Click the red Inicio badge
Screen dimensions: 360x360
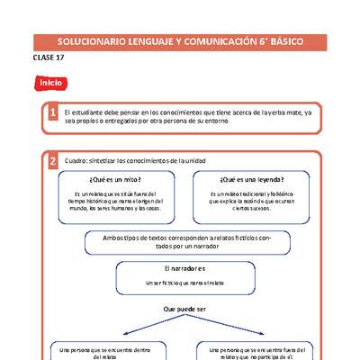(49, 83)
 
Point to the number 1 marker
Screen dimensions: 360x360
(53, 113)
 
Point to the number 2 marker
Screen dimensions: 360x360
(53, 161)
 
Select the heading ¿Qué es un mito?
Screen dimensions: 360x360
(115, 178)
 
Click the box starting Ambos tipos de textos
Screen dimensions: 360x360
(181, 242)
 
